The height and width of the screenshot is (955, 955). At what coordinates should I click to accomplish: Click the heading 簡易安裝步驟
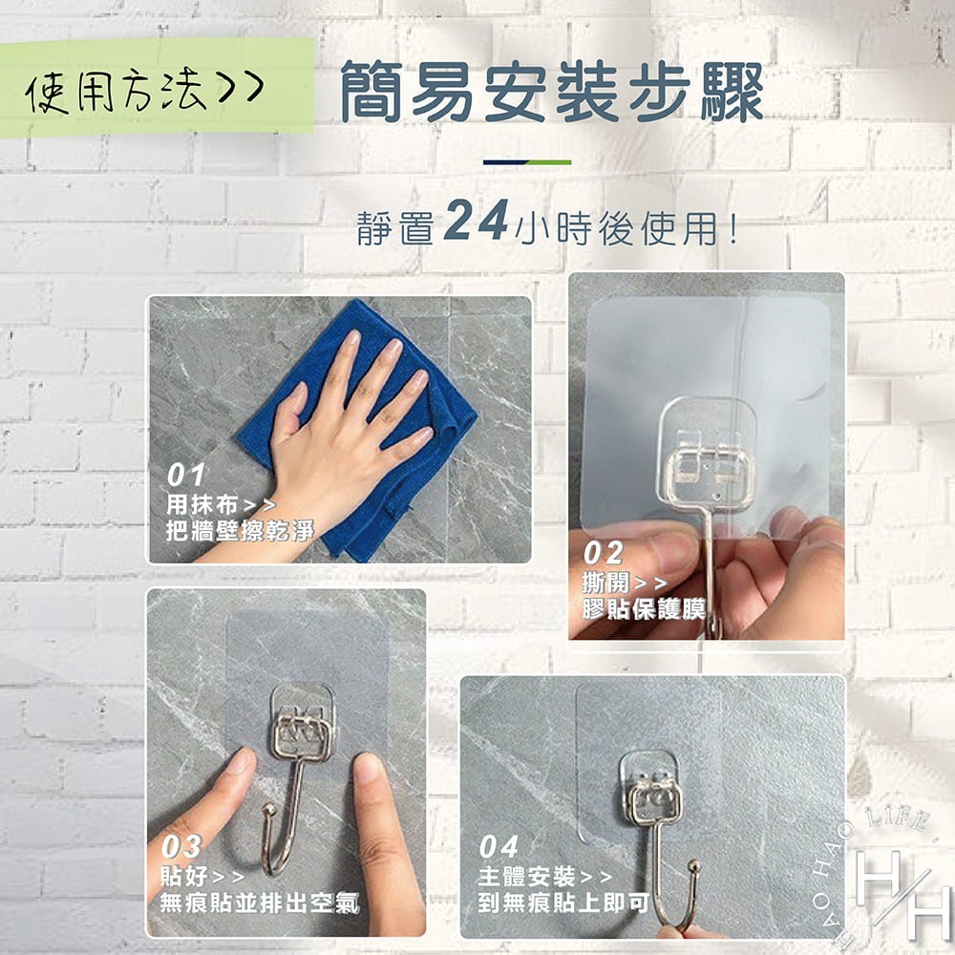point(551,93)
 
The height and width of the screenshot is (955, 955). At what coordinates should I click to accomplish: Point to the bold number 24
point(476,223)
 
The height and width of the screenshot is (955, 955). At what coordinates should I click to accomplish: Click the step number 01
point(186,475)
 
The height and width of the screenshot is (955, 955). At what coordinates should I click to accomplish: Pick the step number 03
point(181,847)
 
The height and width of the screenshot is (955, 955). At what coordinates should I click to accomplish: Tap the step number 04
point(499,847)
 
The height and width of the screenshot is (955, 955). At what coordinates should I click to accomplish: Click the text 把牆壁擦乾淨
point(240,531)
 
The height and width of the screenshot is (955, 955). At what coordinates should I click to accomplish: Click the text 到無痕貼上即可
point(563,902)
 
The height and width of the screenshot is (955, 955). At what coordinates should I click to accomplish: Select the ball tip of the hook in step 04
point(694,868)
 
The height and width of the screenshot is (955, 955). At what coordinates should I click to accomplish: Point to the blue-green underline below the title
point(526,162)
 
